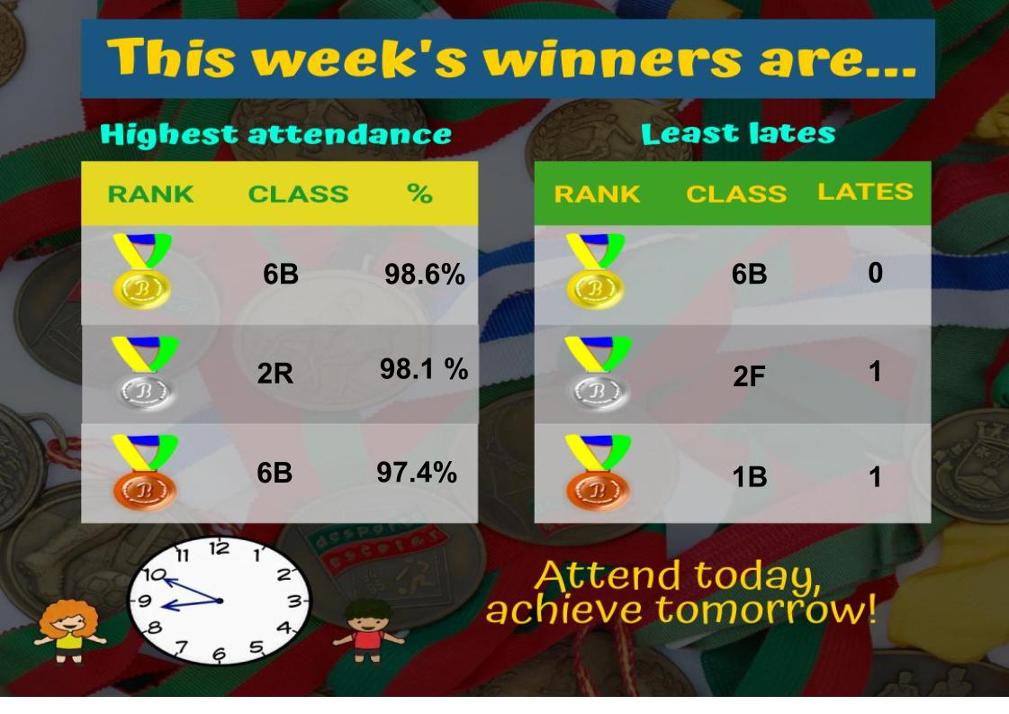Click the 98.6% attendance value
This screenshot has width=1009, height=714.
[425, 275]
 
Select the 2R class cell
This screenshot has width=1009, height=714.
[275, 374]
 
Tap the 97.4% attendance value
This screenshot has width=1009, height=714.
[417, 473]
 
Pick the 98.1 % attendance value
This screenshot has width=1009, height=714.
[423, 369]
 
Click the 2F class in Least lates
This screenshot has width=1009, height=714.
[749, 376]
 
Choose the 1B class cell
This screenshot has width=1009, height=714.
[750, 477]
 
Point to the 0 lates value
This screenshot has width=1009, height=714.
[875, 273]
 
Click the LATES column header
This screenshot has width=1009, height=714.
[865, 191]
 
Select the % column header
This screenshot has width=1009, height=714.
[419, 194]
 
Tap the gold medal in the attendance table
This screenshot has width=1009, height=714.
[142, 270]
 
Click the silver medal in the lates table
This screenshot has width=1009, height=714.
[598, 374]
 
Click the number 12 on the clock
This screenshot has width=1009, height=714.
[219, 548]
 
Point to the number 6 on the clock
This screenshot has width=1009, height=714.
[219, 655]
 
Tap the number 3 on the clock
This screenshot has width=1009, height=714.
[294, 602]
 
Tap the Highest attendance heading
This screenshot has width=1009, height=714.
[276, 134]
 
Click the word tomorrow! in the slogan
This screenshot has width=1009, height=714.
[766, 609]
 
